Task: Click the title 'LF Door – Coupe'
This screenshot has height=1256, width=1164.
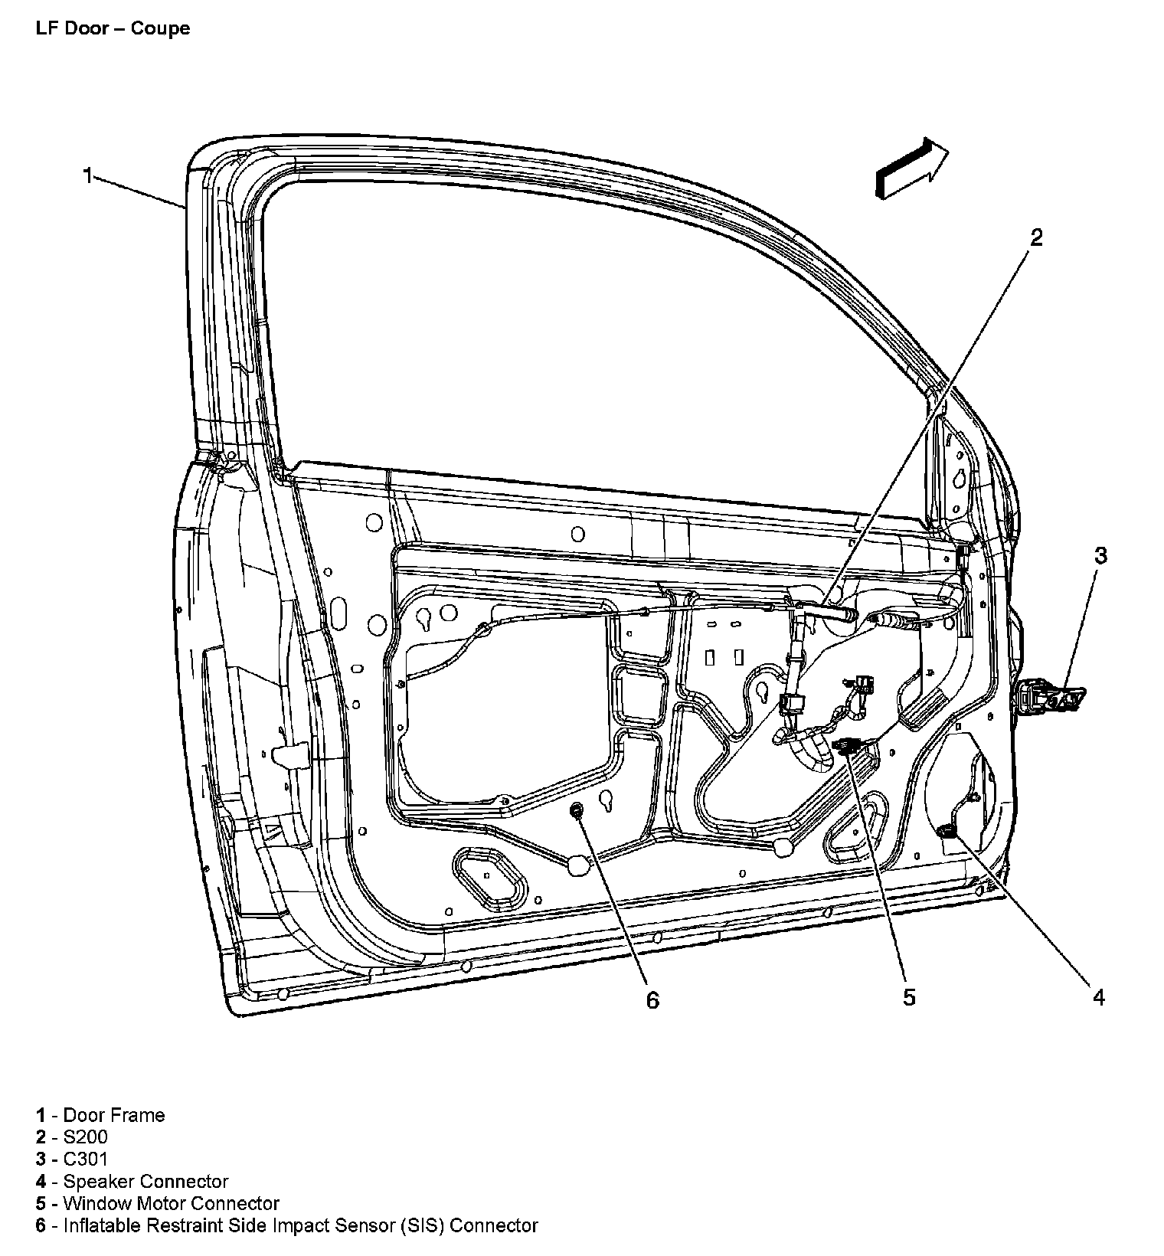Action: pos(113,29)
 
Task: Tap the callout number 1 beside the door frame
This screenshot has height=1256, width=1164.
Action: pos(88,176)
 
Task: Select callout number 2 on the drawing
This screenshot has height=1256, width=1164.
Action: pos(1035,238)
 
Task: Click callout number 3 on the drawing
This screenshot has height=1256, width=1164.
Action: pos(1100,556)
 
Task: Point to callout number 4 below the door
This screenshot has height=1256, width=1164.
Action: pos(1099,996)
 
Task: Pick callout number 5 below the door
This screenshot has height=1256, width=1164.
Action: pos(909,996)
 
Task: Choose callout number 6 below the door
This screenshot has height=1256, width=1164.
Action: pos(652,999)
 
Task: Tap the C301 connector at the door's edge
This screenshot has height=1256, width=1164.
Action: pos(1050,695)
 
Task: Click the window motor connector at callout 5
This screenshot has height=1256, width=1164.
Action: pos(849,744)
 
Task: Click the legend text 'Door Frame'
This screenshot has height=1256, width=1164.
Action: pos(113,1115)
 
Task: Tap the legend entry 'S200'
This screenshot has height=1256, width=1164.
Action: pos(85,1137)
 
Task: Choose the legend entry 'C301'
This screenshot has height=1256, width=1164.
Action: pos(85,1160)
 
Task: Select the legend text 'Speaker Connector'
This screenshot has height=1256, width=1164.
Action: pos(145,1182)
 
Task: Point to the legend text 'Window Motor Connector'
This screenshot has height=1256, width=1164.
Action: pos(171,1204)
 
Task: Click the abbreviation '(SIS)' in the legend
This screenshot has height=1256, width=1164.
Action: pos(421,1226)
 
